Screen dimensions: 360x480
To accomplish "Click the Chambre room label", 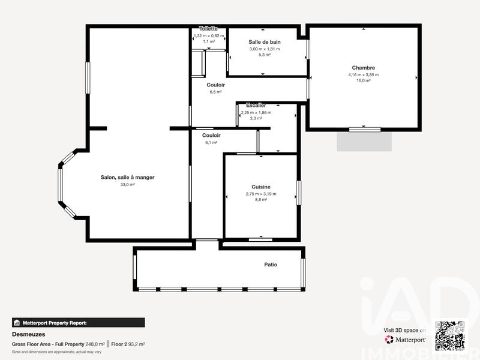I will pyautogui.click(x=363, y=68).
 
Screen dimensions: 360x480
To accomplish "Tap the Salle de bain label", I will pyautogui.click(x=265, y=41).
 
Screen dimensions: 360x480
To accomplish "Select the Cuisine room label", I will pyautogui.click(x=261, y=187).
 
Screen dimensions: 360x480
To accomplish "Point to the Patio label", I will pyautogui.click(x=271, y=265).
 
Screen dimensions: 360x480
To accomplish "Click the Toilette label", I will pyautogui.click(x=208, y=29).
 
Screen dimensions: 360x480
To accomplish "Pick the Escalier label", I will pyautogui.click(x=256, y=106).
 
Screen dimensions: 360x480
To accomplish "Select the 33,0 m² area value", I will pyautogui.click(x=128, y=185).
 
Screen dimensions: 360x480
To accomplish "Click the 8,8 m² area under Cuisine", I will pyautogui.click(x=261, y=200).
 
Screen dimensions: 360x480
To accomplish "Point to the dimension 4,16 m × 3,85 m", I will pyautogui.click(x=363, y=74).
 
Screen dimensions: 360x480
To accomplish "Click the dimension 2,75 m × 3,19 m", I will pyautogui.click(x=261, y=194).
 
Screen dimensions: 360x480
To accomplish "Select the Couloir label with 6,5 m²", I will pyautogui.click(x=215, y=85).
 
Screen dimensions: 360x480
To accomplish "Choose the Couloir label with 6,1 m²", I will pyautogui.click(x=211, y=136).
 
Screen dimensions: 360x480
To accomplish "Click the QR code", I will pyautogui.click(x=450, y=336).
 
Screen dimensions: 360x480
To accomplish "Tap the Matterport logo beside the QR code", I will pyautogui.click(x=406, y=340).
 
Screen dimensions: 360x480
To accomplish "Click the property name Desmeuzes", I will pyautogui.click(x=29, y=334).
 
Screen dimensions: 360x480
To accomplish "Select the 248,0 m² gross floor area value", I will pyautogui.click(x=95, y=344).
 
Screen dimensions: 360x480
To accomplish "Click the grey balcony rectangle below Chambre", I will pyautogui.click(x=364, y=142).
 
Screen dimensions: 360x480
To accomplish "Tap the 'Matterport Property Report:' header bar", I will pyautogui.click(x=78, y=322).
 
